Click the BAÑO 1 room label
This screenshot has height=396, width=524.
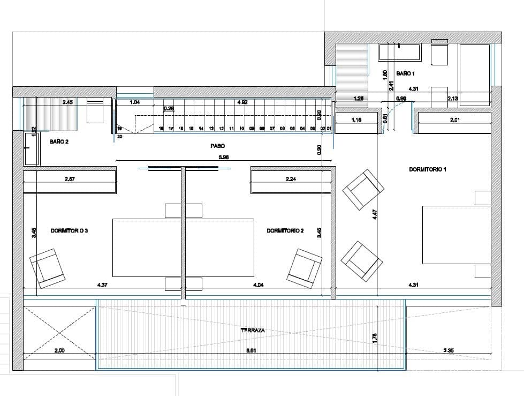[x=405, y=73]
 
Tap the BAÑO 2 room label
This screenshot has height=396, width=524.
[x=58, y=142]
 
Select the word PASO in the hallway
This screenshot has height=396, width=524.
[x=217, y=145]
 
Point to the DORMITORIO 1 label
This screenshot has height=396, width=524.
[x=427, y=169]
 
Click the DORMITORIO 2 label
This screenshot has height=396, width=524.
[x=285, y=230]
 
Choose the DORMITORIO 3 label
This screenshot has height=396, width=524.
[x=69, y=230]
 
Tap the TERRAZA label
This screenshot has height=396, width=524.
[x=253, y=331]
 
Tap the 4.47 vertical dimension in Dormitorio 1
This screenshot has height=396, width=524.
[x=375, y=215]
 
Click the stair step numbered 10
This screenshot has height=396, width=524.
[x=241, y=129]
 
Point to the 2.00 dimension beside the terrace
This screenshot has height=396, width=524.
[x=60, y=350]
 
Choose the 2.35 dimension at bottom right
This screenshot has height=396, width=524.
[x=449, y=350]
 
